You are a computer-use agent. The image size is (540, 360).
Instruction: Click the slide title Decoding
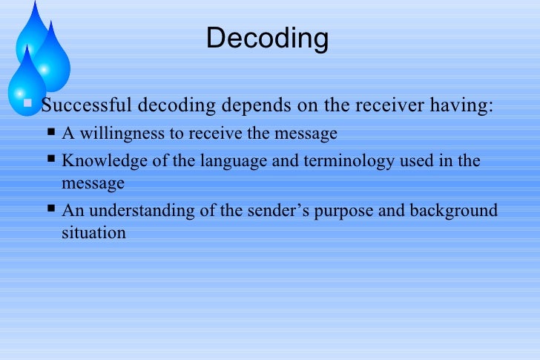(267, 38)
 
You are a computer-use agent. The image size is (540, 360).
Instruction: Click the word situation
(93, 232)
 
